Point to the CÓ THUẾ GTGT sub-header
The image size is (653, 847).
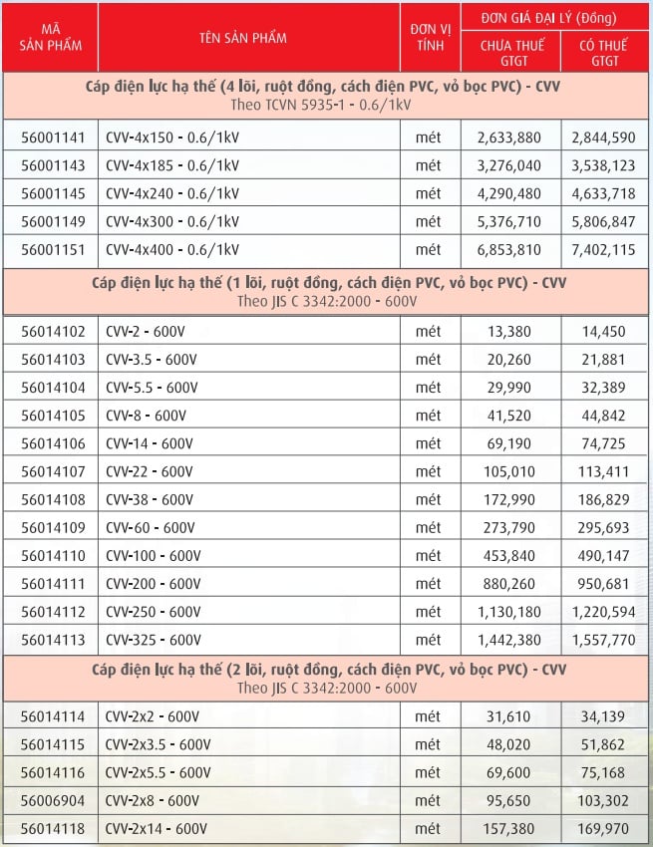click(605, 53)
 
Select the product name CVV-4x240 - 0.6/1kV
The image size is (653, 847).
click(172, 193)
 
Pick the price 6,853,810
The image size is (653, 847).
click(509, 249)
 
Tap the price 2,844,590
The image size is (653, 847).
click(605, 138)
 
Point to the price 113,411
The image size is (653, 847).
click(605, 471)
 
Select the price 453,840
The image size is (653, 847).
click(509, 555)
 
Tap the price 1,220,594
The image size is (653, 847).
click(605, 611)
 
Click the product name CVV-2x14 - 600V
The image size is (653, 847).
click(157, 828)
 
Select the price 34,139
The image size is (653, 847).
click(605, 716)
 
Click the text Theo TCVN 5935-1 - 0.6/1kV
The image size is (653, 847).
click(326, 103)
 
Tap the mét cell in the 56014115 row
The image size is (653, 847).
click(428, 744)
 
